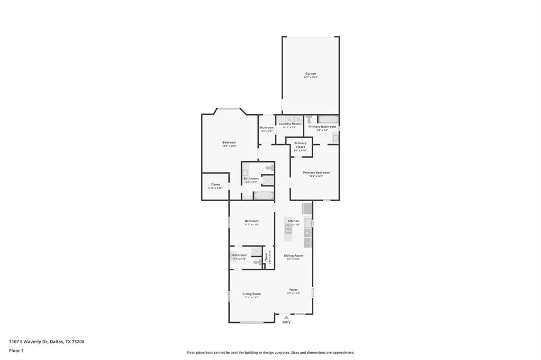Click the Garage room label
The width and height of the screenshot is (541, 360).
click(311, 73)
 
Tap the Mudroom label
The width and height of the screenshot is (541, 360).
click(267, 127)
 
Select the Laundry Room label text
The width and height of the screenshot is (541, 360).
click(290, 124)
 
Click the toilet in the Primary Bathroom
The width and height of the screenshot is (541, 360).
click(310, 120)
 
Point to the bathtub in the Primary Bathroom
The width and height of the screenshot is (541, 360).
click(328, 119)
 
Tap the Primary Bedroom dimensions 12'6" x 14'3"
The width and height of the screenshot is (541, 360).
click(316, 176)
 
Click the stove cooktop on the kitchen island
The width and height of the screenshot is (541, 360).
click(288, 229)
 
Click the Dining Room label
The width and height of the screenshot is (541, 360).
click(294, 255)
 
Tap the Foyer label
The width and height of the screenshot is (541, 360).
click(293, 289)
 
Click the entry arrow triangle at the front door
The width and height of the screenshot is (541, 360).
click(286, 317)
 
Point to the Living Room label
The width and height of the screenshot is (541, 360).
click(251, 293)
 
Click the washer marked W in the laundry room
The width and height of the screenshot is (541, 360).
click(289, 119)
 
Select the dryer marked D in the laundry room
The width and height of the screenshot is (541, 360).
click(298, 119)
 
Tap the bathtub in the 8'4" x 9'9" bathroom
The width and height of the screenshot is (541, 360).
click(263, 195)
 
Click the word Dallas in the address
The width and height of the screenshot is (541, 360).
click(57, 342)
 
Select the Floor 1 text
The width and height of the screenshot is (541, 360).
click(16, 350)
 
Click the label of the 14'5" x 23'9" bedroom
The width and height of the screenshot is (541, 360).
click(229, 143)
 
